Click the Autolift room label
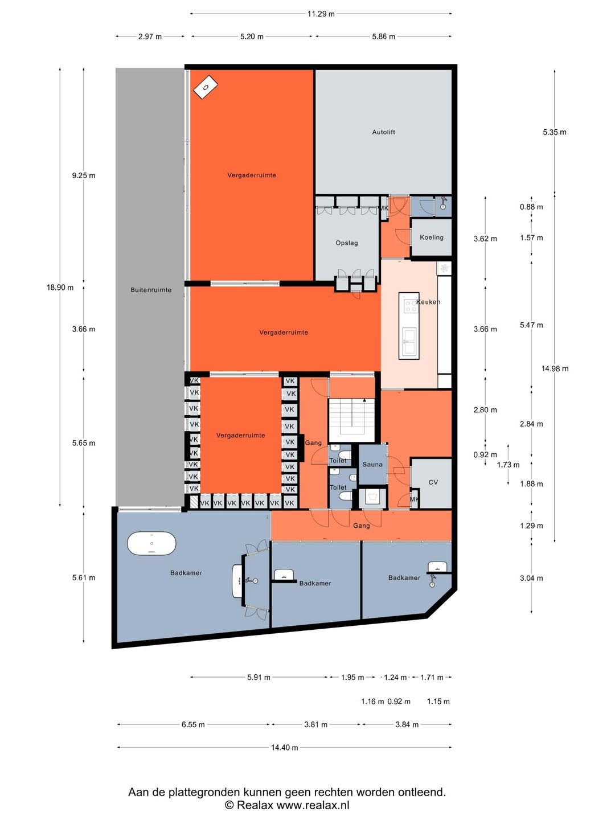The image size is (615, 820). coord(383,132)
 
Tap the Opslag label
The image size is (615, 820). coord(347,243)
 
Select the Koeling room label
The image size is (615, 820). coord(431,237)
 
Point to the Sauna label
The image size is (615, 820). coord(372,464)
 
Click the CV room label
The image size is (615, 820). coord(433,482)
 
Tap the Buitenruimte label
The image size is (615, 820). coord(151,290)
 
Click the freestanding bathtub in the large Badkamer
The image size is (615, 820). coord(151,544)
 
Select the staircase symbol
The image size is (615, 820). coord(351,420)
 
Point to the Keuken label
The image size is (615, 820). coord(428,302)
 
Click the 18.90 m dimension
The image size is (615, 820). coord(60,287)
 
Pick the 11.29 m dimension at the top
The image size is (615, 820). coord(321,14)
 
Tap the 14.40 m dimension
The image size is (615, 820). coord(284,747)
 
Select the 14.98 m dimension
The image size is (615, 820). coord(555,368)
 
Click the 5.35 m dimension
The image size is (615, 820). coord(555,132)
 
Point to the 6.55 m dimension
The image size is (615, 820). coord(193,724)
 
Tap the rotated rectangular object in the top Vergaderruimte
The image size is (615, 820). coord(206,88)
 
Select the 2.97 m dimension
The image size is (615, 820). coord(150,36)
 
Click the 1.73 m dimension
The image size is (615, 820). coord(508,465)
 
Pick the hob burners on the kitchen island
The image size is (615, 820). coord(411,306)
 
